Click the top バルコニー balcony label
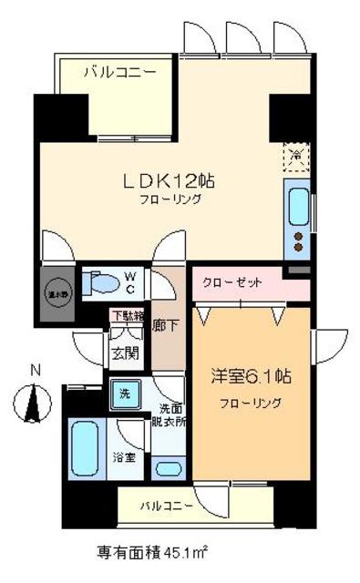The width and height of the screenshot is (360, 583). point(120,70)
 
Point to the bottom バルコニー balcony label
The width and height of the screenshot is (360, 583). point(165,505)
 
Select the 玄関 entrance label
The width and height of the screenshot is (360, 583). point(124,353)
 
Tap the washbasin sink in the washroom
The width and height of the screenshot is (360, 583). point(167,470)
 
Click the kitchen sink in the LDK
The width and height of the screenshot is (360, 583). point(297,206)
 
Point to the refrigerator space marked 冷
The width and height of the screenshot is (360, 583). point(295,154)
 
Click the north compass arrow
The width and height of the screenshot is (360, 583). point(36,401)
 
